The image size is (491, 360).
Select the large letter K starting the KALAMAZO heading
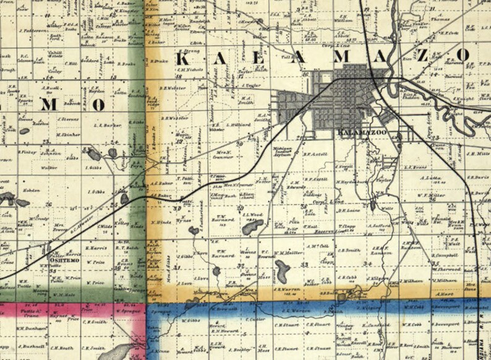click(183, 59)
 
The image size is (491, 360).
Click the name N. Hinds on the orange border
click(161, 220)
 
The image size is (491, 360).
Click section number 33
click(304, 264)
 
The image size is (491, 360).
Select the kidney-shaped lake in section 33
click(283, 270)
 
